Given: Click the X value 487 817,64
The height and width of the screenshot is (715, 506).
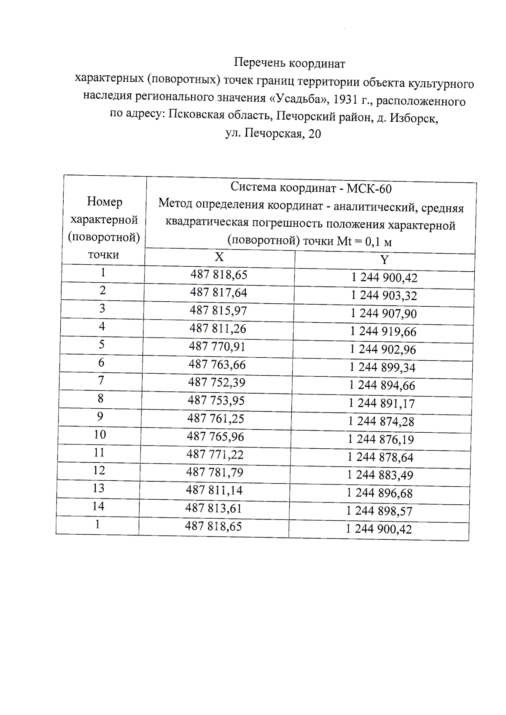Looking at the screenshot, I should pos(218,292).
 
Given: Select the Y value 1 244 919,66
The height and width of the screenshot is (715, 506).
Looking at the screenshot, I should pos(383,332).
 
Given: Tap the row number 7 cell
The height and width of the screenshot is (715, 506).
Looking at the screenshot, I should pos(101,380).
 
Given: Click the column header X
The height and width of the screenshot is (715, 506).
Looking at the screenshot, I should pos(219,257).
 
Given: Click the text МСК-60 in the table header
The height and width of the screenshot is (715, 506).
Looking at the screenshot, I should pos(369,189).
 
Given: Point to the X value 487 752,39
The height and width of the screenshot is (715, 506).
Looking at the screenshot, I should pos(217,382).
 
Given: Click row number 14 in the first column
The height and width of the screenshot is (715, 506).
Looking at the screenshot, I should pos(98,506).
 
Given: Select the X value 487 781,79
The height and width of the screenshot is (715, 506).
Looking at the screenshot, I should pos(215,472).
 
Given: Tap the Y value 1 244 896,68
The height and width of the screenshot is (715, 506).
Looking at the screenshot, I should pos(380,493).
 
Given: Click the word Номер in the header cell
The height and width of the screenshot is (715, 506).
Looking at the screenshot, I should pos(105,202).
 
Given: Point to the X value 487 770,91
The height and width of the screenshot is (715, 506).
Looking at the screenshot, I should pos(217,346).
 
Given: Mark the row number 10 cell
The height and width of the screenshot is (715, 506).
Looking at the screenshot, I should pos(100,434).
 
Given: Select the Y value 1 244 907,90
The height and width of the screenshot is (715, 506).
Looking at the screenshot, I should pos(384,313).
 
